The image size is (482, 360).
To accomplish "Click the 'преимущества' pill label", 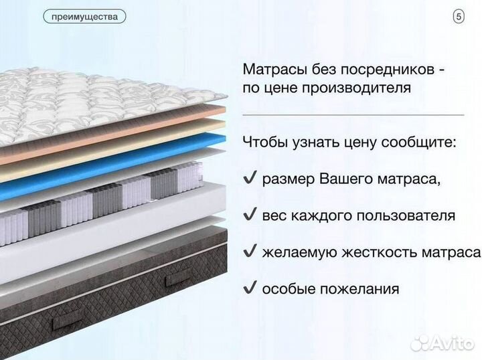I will pyautogui.click(x=84, y=17).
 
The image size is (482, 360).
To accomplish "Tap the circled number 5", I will pyautogui.click(x=459, y=17).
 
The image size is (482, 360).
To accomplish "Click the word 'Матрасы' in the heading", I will pyautogui.click(x=272, y=70).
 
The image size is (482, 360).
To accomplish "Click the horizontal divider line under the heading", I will pyautogui.click(x=353, y=115).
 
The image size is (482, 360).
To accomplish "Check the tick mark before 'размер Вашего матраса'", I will pyautogui.click(x=250, y=179).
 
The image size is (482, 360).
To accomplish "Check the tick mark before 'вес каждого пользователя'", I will pyautogui.click(x=250, y=215).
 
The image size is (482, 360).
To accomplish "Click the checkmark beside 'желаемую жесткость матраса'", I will pyautogui.click(x=250, y=252).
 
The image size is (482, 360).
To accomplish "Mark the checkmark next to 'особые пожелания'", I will pyautogui.click(x=250, y=288).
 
